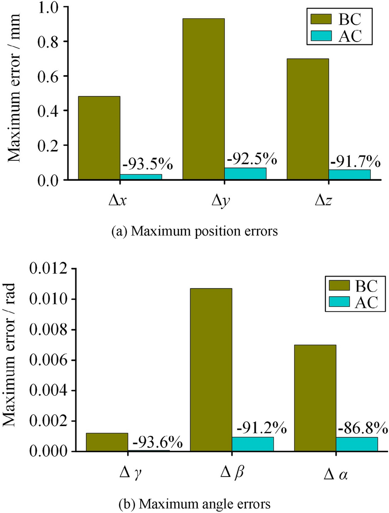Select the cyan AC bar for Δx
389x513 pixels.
pos(141,177)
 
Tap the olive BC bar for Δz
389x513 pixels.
pos(308,119)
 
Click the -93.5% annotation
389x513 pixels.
pos(148,164)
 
